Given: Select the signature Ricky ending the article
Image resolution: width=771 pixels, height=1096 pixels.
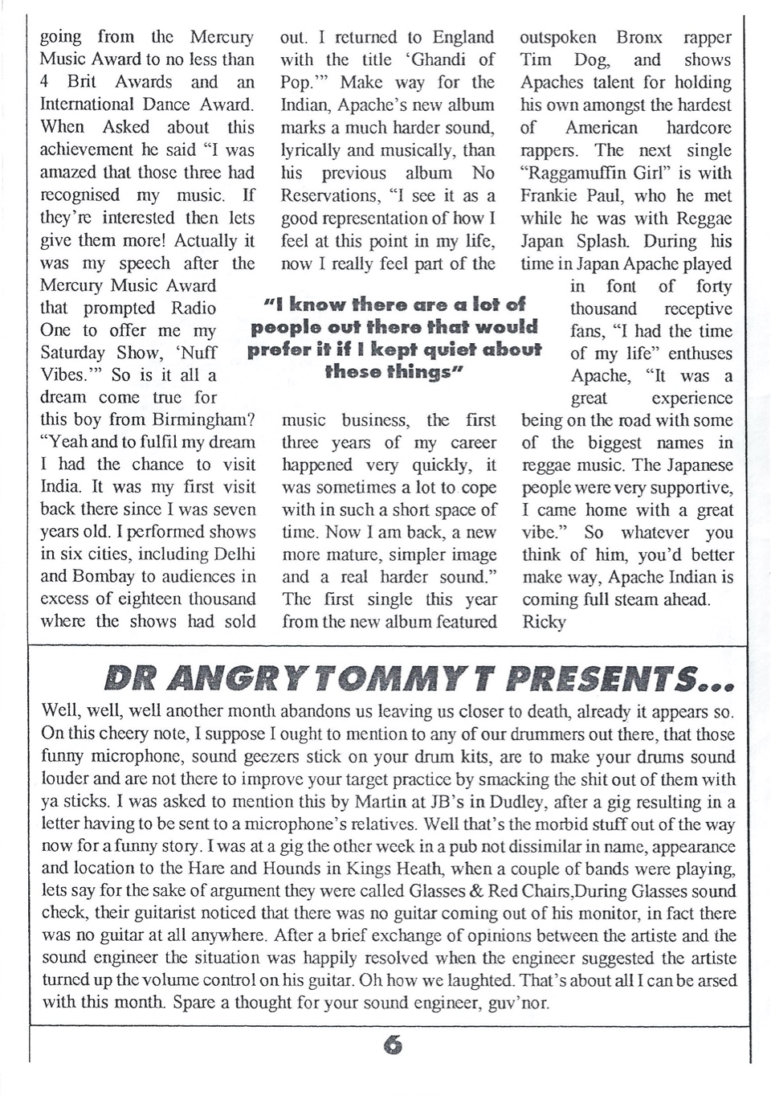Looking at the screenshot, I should [x=543, y=622].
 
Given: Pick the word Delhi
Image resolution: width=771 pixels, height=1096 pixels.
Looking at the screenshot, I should [x=235, y=554].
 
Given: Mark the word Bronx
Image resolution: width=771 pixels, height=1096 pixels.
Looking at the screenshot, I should [x=639, y=37].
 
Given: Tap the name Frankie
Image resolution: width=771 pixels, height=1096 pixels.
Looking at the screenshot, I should [x=549, y=195].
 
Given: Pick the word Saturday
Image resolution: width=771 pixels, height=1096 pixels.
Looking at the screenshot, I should [x=72, y=353].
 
